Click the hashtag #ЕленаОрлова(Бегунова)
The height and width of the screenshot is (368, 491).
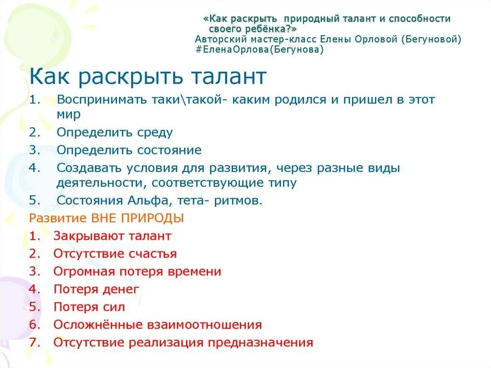click(259, 49)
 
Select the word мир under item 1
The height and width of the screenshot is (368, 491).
click(68, 115)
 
